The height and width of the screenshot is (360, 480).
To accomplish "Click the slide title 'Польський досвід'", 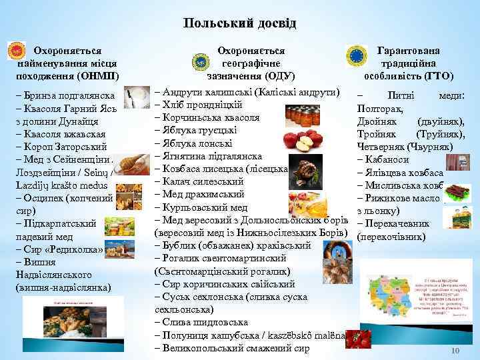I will pyautogui.click(x=239, y=24).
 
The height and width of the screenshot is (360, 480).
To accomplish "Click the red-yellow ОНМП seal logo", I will pyautogui.click(x=15, y=51).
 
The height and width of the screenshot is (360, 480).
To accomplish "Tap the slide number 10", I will pyautogui.click(x=456, y=351).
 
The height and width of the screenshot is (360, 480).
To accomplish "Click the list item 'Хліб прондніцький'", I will pyautogui.click(x=197, y=104).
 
